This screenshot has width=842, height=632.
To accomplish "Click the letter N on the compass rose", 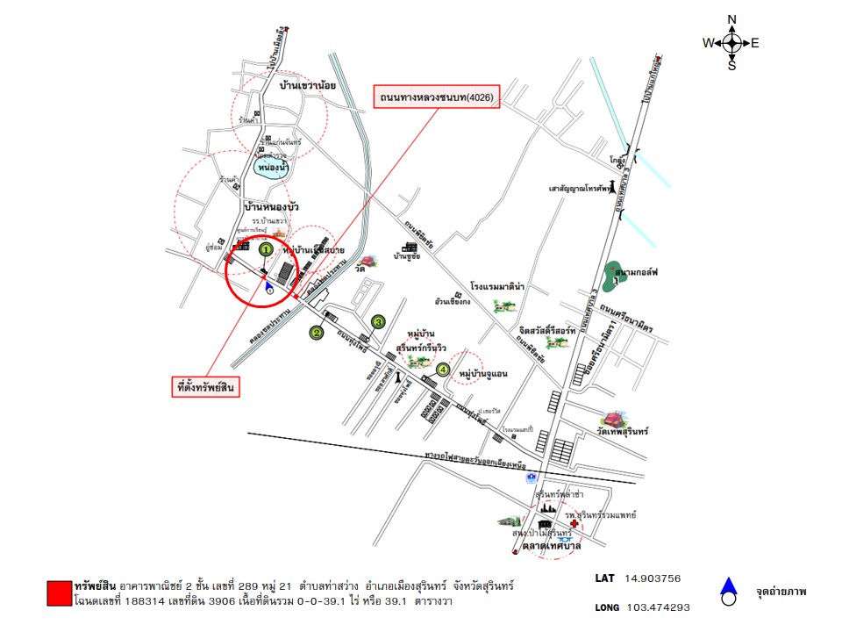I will tap(732, 20).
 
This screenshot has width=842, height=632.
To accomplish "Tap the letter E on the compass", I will tap(754, 42).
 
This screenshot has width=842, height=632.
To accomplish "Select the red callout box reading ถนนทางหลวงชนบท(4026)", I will tap(437, 97).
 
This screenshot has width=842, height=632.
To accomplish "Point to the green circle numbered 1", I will tap(266, 249).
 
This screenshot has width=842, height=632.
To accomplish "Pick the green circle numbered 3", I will tap(378, 322).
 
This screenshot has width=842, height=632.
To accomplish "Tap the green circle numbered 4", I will tap(444, 370).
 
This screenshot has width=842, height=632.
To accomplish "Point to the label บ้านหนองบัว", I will tap(272, 205).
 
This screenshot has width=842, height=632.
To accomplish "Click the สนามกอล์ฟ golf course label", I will tap(637, 273).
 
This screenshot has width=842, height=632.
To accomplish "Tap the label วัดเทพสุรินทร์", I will tap(618, 433).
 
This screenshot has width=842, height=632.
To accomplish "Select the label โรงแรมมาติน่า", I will tap(496, 286).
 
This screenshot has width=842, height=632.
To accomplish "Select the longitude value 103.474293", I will tap(657, 607).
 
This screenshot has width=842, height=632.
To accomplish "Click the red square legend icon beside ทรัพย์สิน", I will tap(59, 592).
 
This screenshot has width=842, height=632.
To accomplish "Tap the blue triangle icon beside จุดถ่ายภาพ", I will tap(726, 586).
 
